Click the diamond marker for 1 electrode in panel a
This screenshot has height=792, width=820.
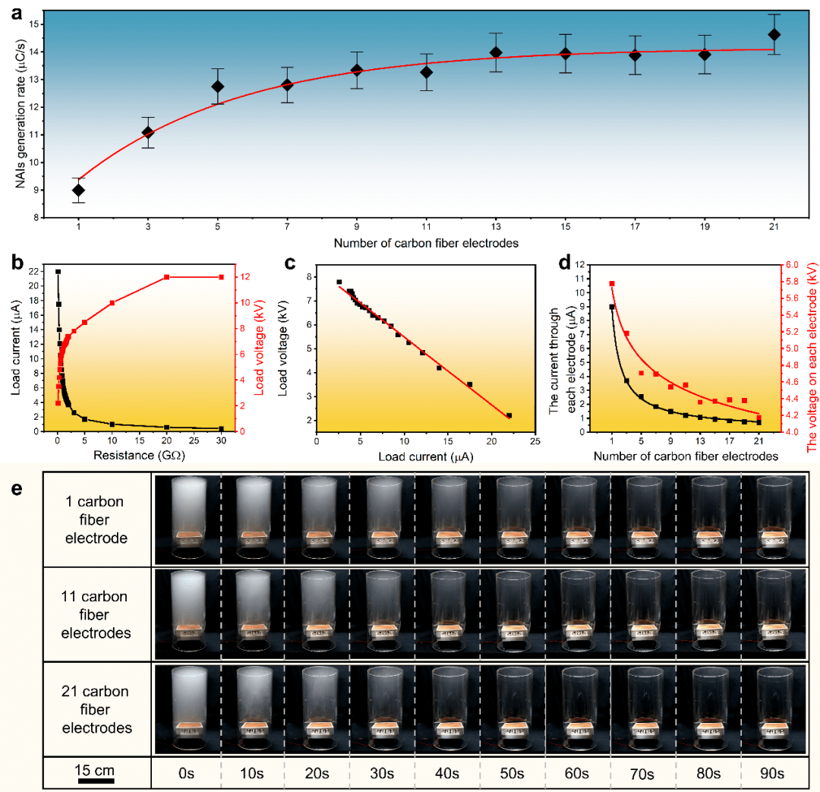click(x=78, y=190)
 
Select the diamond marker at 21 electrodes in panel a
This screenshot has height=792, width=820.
click(x=774, y=35)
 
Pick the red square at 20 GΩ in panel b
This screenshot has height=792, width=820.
click(x=167, y=277)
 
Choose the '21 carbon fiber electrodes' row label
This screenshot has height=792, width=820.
click(x=96, y=709)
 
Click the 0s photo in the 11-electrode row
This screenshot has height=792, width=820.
click(x=185, y=614)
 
